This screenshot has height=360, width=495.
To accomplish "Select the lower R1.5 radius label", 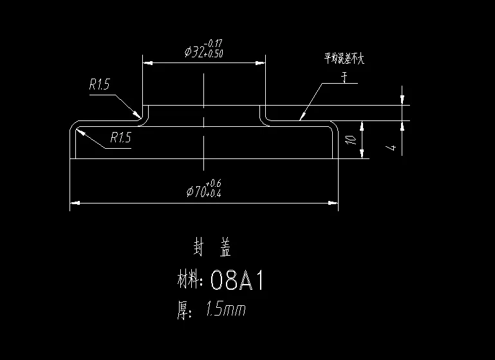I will click(x=120, y=137).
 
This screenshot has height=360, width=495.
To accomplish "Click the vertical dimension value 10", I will click(x=350, y=139).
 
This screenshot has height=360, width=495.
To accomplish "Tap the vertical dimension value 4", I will click(x=391, y=148).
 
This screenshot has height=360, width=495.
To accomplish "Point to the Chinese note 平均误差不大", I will click(x=344, y=60).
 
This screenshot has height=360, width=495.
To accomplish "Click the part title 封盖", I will click(x=212, y=246).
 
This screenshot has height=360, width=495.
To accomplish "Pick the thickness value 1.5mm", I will click(x=225, y=310).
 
